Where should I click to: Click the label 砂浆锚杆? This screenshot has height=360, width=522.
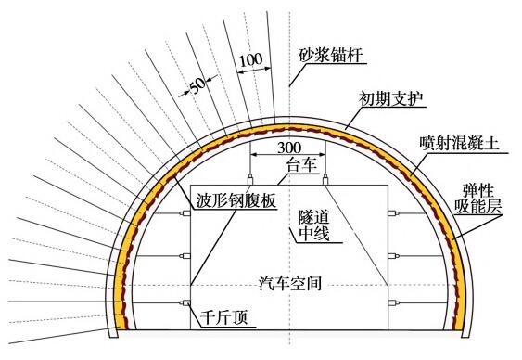(329, 55)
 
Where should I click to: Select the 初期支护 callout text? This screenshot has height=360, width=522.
(391, 99)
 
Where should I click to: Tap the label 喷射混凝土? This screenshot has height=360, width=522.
(459, 144)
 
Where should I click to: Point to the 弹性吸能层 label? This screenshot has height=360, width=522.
(479, 199)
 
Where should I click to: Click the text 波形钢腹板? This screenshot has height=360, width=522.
(236, 200)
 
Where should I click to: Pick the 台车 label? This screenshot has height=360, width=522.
(301, 164)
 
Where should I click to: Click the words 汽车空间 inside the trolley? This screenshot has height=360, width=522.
(290, 283)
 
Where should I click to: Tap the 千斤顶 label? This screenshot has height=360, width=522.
(224, 317)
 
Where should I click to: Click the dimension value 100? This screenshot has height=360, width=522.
(251, 60)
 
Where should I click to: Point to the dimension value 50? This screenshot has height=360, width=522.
(198, 86)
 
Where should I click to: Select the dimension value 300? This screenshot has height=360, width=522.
(289, 148)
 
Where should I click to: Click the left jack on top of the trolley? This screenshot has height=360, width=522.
(250, 180)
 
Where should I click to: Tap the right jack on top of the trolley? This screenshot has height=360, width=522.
(325, 180)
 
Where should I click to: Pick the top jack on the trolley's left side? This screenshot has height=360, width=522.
(185, 213)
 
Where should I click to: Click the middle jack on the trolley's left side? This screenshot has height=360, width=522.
(185, 256)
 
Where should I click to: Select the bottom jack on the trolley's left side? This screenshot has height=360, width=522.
(185, 302)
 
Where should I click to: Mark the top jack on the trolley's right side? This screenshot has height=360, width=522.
(393, 213)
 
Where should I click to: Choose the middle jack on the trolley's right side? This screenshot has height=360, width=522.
(393, 256)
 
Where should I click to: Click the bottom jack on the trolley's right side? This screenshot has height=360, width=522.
(393, 302)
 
